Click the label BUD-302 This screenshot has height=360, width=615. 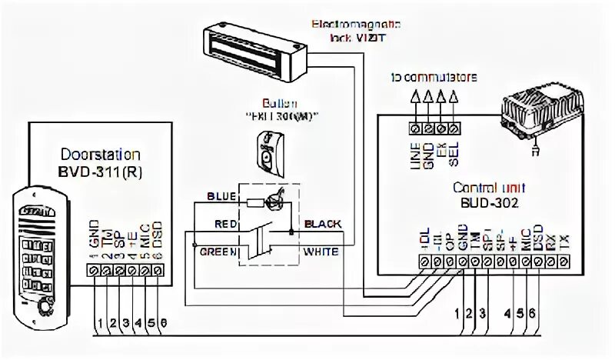(x=485, y=204)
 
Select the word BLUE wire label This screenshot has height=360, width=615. (x=220, y=196)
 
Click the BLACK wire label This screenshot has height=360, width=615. (x=323, y=224)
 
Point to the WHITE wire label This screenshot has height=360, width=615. (x=323, y=250)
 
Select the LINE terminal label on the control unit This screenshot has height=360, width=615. (x=416, y=150)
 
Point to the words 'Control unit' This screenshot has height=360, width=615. (x=485, y=187)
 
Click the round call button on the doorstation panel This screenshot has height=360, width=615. (x=43, y=308)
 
